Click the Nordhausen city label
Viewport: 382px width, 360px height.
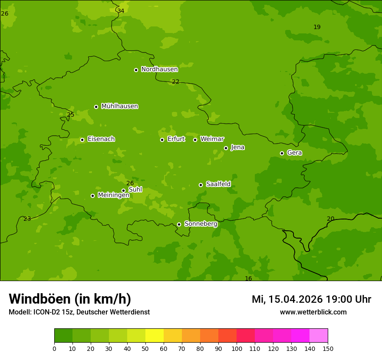pos(159,69)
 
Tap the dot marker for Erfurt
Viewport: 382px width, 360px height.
pos(162,140)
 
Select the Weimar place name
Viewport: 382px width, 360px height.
pos(212,139)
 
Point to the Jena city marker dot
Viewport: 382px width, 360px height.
pos(226,148)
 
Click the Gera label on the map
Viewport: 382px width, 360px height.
pos(294,153)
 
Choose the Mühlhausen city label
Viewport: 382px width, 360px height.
pos(119,106)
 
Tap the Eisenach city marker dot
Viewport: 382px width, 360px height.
pos(82,140)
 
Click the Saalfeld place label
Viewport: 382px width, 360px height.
pos(218,184)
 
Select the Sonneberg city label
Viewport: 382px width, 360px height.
pos(201,224)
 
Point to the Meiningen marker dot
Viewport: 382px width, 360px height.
pos(92,196)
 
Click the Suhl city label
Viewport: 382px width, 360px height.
pos(135,190)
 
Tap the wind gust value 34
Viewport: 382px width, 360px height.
pos(121,11)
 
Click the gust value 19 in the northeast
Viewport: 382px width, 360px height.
pos(317,27)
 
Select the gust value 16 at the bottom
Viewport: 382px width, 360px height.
pos(248,278)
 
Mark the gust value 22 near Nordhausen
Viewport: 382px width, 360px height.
pos(175,82)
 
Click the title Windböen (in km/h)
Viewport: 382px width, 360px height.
pos(70,299)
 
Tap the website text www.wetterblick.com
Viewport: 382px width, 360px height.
pos(313,312)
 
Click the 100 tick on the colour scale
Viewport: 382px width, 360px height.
pos(237,348)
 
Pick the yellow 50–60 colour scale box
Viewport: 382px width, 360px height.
pos(155,336)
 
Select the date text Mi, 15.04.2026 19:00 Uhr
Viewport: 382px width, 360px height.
pos(311,299)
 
